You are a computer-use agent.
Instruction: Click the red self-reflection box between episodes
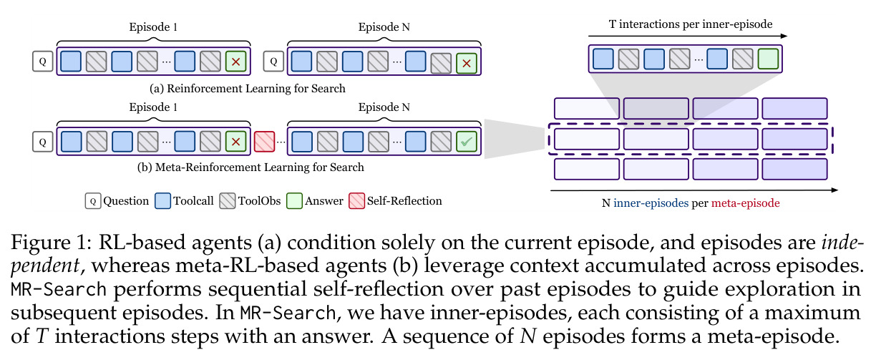coord(264,142)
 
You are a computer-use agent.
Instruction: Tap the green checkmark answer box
coord(467,142)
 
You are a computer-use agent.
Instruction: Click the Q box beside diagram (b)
coord(43,142)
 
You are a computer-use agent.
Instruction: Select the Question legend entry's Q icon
coord(93,201)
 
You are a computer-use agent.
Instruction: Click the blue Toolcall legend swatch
coord(162,201)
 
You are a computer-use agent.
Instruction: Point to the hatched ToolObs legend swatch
coord(228,201)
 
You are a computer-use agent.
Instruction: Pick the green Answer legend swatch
coord(294,201)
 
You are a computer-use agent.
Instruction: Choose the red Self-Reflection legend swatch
coord(356,201)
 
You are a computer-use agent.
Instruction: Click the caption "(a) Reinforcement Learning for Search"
coord(248,89)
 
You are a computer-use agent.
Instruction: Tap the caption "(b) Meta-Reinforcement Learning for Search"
coord(250,167)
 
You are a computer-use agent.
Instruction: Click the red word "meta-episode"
coord(745,203)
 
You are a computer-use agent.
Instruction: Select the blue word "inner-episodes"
coord(651,203)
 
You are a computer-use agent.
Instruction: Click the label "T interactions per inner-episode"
coord(691,24)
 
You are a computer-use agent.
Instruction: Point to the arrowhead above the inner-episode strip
coord(784,36)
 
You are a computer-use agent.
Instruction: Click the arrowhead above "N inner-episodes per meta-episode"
coord(834,190)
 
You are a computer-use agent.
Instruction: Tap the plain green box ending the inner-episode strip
coord(768,59)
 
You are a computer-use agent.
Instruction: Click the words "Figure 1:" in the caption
coord(52,243)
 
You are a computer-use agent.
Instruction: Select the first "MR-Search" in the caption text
coord(59,290)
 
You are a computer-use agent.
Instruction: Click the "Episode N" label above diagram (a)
coord(384,27)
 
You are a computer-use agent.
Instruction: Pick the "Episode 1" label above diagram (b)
coord(153,107)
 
